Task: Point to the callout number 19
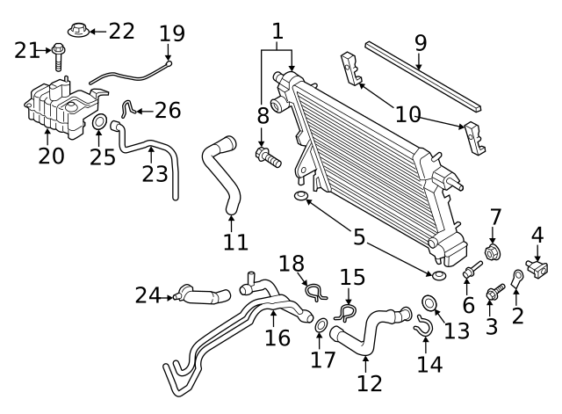172,34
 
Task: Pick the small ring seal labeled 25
100,120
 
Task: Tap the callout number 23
155,173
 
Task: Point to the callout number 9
420,42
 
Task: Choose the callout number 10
407,113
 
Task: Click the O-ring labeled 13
429,303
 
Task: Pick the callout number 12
370,383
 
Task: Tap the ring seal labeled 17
321,329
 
